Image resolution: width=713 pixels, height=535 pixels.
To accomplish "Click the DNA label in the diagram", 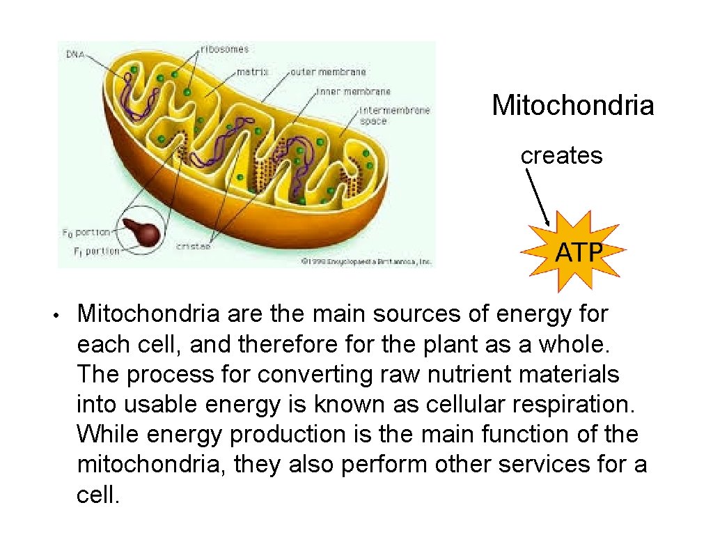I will [75, 54].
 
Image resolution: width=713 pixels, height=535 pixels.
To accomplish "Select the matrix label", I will [253, 71].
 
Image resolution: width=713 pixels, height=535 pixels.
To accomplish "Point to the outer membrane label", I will [328, 71].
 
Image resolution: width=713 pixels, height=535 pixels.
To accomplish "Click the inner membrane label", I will [353, 91].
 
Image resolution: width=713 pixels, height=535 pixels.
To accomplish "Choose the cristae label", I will [194, 246].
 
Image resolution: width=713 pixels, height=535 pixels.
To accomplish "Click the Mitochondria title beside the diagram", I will [572, 106].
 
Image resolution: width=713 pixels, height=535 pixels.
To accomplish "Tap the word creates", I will [561, 155].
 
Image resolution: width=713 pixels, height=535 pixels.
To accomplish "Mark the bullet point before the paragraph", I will [62, 314].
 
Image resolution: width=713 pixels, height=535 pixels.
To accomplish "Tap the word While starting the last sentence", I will [108, 434].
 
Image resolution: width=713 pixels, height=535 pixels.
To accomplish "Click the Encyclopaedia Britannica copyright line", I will [366, 261].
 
